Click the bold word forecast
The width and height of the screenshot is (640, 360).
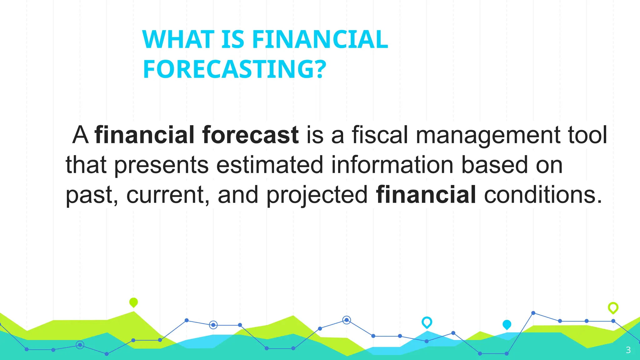pos(250,135)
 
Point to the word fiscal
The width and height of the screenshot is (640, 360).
pos(380,135)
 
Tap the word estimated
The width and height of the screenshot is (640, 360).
pos(270,165)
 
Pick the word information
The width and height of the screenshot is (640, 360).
pos(392,165)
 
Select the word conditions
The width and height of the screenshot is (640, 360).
pos(543,194)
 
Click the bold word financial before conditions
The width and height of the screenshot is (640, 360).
pos(426,194)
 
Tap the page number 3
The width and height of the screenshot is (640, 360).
pos(628,350)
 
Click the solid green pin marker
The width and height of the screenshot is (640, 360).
pos(133,302)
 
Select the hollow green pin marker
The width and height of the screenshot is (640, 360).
pos(613,308)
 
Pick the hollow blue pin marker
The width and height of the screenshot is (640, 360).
pos(427,322)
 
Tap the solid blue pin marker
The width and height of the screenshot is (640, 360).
pos(507,325)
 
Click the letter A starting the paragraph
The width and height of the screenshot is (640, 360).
pos(80,135)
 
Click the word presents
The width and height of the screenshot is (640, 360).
pos(161,165)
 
